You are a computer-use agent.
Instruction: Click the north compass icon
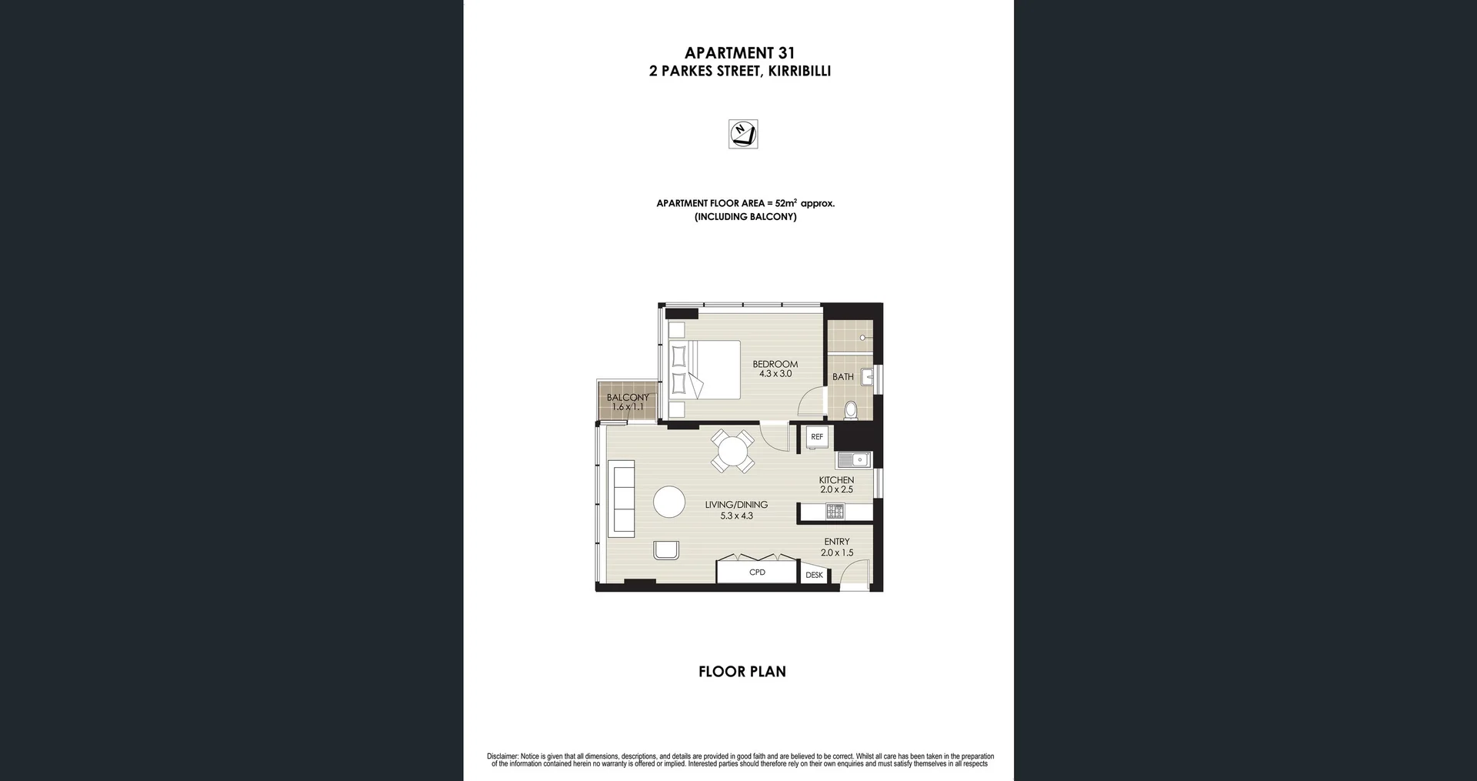point(743,134)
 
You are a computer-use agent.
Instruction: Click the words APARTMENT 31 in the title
point(739,53)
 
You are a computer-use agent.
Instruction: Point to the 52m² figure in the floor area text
point(785,203)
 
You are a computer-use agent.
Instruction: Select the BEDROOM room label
point(775,364)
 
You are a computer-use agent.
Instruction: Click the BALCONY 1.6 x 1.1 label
point(627,402)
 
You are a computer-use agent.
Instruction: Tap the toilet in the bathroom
point(851,409)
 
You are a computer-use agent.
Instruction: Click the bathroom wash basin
point(867,376)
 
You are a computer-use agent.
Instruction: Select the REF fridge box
point(817,436)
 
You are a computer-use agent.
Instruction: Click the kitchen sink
point(853,460)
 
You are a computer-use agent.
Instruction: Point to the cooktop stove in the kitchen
point(835,511)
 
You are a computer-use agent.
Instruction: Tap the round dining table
point(732,451)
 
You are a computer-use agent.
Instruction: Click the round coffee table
point(669,502)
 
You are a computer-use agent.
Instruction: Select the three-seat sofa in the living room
point(621,498)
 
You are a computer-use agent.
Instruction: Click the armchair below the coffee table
point(666,549)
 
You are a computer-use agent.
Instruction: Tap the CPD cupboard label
point(757,572)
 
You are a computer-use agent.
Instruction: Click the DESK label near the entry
point(814,575)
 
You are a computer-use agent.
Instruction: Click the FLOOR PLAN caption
point(742,672)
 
